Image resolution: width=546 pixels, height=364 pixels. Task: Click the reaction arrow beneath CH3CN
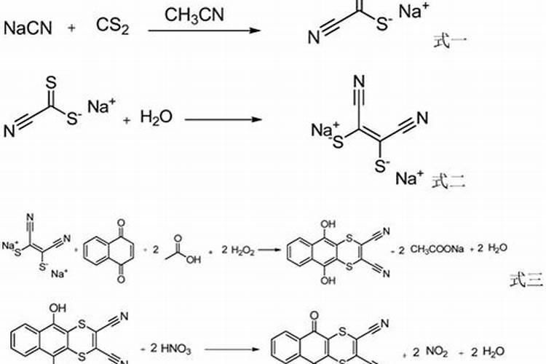coord(204,31)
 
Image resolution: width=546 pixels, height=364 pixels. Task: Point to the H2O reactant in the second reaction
coord(157,117)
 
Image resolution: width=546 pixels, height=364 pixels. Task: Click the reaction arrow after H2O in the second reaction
coord(222,117)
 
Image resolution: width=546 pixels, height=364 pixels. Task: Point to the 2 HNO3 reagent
coord(170,350)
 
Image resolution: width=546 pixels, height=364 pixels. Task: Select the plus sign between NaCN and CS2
coord(71,28)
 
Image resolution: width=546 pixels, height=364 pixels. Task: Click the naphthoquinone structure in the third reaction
coord(109,251)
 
